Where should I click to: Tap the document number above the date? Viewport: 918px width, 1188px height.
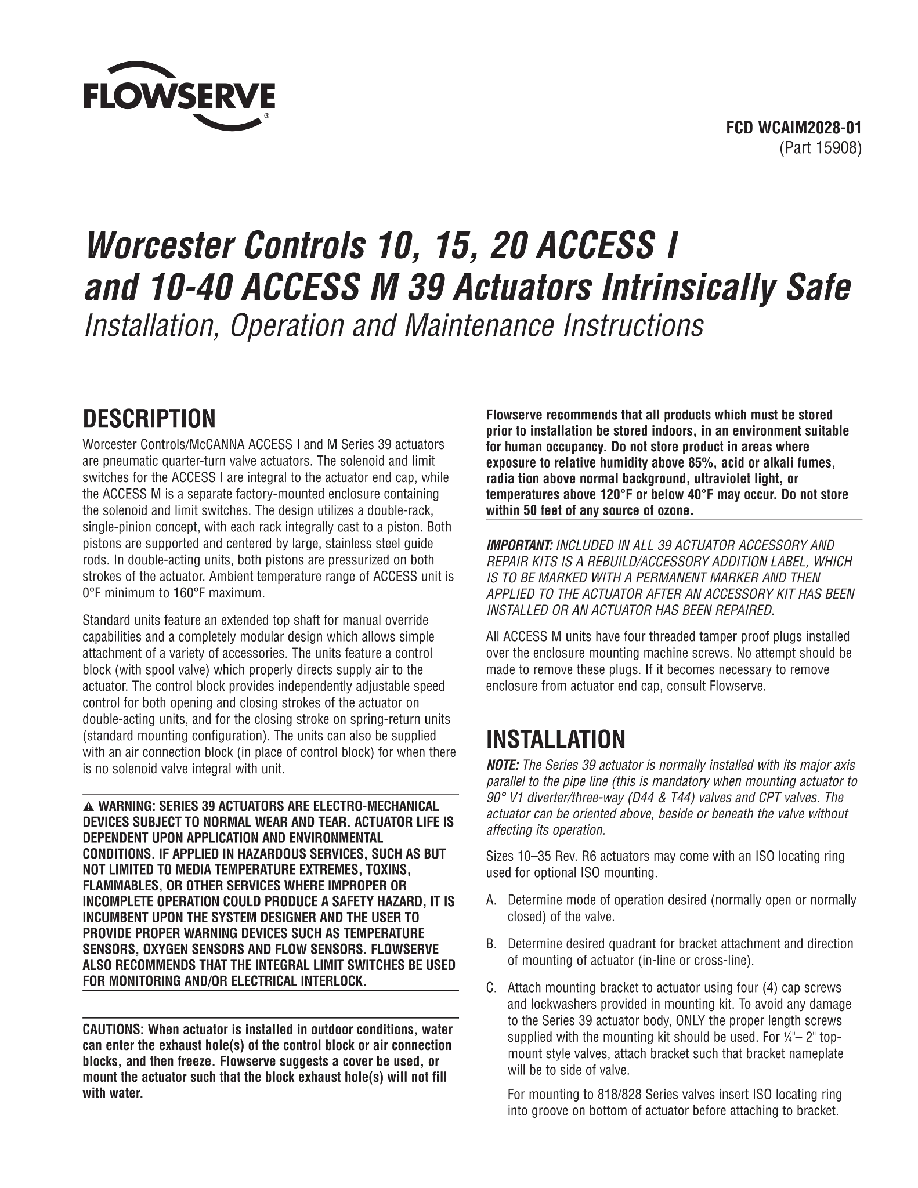click(793, 126)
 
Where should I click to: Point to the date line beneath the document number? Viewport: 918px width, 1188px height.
click(821, 149)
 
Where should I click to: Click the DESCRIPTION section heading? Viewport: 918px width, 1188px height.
click(151, 419)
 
